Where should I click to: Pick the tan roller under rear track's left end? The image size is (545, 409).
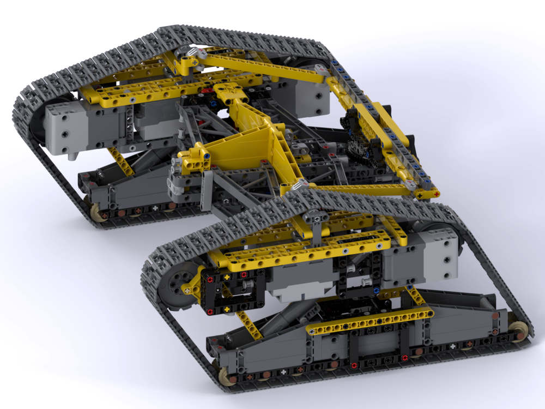point(96,210)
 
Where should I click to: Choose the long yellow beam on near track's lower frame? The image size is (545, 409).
point(371,321)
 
